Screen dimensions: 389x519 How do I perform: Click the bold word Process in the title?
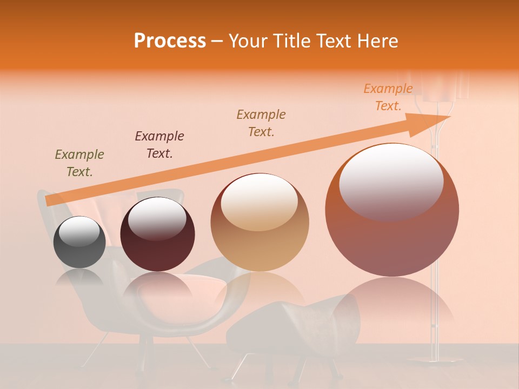tap(170, 41)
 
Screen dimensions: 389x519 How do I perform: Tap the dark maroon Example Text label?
tap(159, 144)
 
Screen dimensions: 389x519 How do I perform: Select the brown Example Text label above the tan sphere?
tap(261, 123)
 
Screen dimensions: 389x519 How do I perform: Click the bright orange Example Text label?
tap(388, 97)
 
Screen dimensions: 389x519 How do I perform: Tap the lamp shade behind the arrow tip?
tap(443, 86)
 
